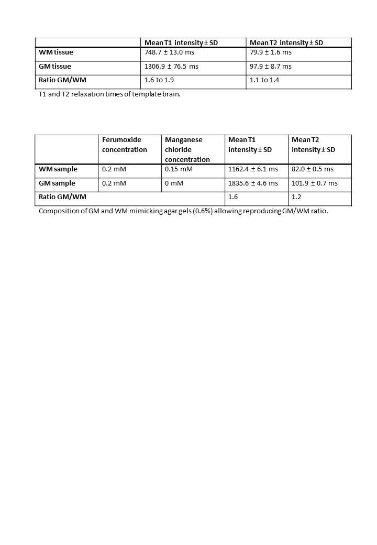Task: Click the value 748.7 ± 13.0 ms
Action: coord(170,52)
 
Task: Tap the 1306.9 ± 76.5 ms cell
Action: coord(171,67)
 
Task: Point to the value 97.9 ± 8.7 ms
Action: coord(271,67)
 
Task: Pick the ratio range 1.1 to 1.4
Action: coord(264,80)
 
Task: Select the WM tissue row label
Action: coord(56,52)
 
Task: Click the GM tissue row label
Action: coord(55,67)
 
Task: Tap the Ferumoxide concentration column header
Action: coord(125,145)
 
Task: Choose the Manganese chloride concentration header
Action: coord(187,149)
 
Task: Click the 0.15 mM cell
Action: coord(179,169)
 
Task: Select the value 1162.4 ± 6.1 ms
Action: coord(253,169)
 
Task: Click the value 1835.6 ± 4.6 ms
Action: coord(253,183)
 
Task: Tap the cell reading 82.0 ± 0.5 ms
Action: coord(313,169)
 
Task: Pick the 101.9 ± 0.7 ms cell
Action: coord(315,183)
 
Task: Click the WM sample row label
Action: coord(58,169)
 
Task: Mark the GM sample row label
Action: coord(57,183)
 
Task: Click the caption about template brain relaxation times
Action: coord(109,94)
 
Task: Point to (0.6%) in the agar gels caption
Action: coord(201,212)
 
